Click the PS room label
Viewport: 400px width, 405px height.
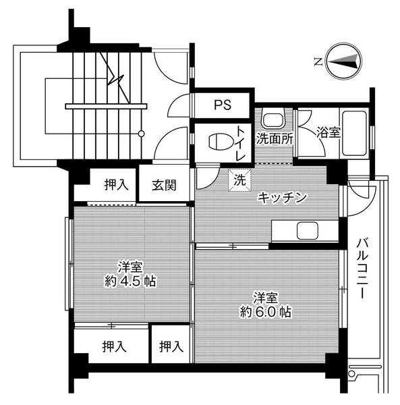coord(223,105)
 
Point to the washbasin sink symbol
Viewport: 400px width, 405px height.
coord(273,121)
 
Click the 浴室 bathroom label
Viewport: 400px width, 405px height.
coord(329,133)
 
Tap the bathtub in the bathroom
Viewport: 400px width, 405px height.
coord(353,132)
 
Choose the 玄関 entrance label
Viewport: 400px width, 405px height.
coord(164,184)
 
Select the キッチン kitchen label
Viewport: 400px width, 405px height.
coord(283,198)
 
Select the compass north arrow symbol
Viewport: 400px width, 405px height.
coord(343,61)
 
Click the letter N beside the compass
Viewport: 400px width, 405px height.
coord(317,62)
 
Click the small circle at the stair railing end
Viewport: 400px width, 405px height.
coord(141,134)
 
